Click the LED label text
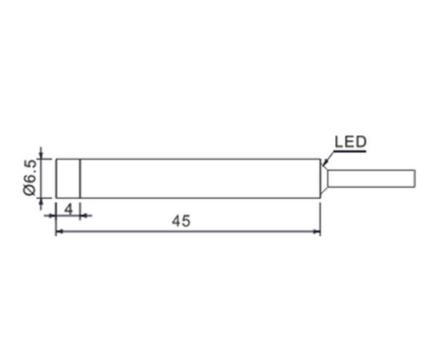(350, 142)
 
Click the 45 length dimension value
(181, 221)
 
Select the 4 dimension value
(69, 210)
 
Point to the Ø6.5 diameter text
(30, 177)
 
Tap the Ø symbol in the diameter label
(30, 190)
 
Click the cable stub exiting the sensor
(371, 178)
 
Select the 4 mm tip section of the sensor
(68, 178)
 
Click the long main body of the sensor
(200, 178)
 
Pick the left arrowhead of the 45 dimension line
(59, 231)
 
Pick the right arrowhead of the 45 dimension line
(317, 231)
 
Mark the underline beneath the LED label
(350, 151)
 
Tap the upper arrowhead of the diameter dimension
(42, 155)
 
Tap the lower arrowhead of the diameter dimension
(42, 202)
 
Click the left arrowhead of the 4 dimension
(52, 215)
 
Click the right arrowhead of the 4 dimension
(84, 215)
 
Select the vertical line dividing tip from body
(80, 178)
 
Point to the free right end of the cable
(415, 178)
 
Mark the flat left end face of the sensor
(56, 178)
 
